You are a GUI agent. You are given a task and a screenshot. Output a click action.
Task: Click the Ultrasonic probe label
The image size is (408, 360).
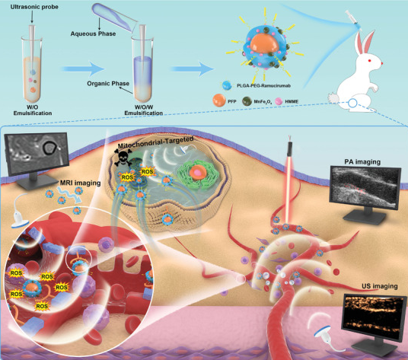(x=34, y=7)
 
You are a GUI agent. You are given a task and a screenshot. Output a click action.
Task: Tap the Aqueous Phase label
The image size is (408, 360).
(x=93, y=33)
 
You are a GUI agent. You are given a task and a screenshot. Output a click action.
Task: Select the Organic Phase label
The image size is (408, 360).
(x=108, y=84)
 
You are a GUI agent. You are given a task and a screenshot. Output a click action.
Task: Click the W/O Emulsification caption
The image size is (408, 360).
(x=33, y=110)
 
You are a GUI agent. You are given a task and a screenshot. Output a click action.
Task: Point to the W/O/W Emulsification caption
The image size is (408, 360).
(x=143, y=110)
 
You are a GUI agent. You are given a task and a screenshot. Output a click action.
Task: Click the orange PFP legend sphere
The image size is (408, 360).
(x=218, y=100)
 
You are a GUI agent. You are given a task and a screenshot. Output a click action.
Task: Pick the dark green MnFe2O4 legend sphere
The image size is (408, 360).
(x=247, y=101)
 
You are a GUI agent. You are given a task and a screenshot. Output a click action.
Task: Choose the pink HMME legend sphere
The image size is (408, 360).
(x=279, y=101)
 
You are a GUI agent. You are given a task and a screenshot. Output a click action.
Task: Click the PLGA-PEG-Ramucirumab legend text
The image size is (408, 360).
(x=263, y=85)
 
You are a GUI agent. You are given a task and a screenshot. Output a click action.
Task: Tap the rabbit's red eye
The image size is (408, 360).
(x=368, y=61)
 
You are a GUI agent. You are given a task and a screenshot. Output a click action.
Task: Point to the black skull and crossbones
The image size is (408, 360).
(x=123, y=158)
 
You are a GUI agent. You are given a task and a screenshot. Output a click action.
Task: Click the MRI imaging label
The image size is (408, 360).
(x=81, y=183)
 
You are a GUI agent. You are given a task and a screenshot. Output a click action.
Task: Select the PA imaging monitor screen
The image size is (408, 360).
(x=365, y=187)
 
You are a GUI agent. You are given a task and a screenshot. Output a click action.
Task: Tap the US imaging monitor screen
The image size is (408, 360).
(x=375, y=316)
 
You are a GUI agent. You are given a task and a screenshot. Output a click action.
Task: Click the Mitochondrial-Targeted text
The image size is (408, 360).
(x=155, y=142)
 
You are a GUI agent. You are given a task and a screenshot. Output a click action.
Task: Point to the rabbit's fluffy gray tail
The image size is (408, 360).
(x=333, y=100)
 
